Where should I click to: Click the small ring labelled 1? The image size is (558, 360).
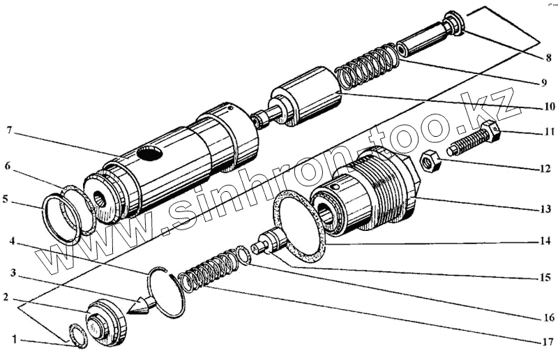(77, 336)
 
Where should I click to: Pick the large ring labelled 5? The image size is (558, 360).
(61, 218)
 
